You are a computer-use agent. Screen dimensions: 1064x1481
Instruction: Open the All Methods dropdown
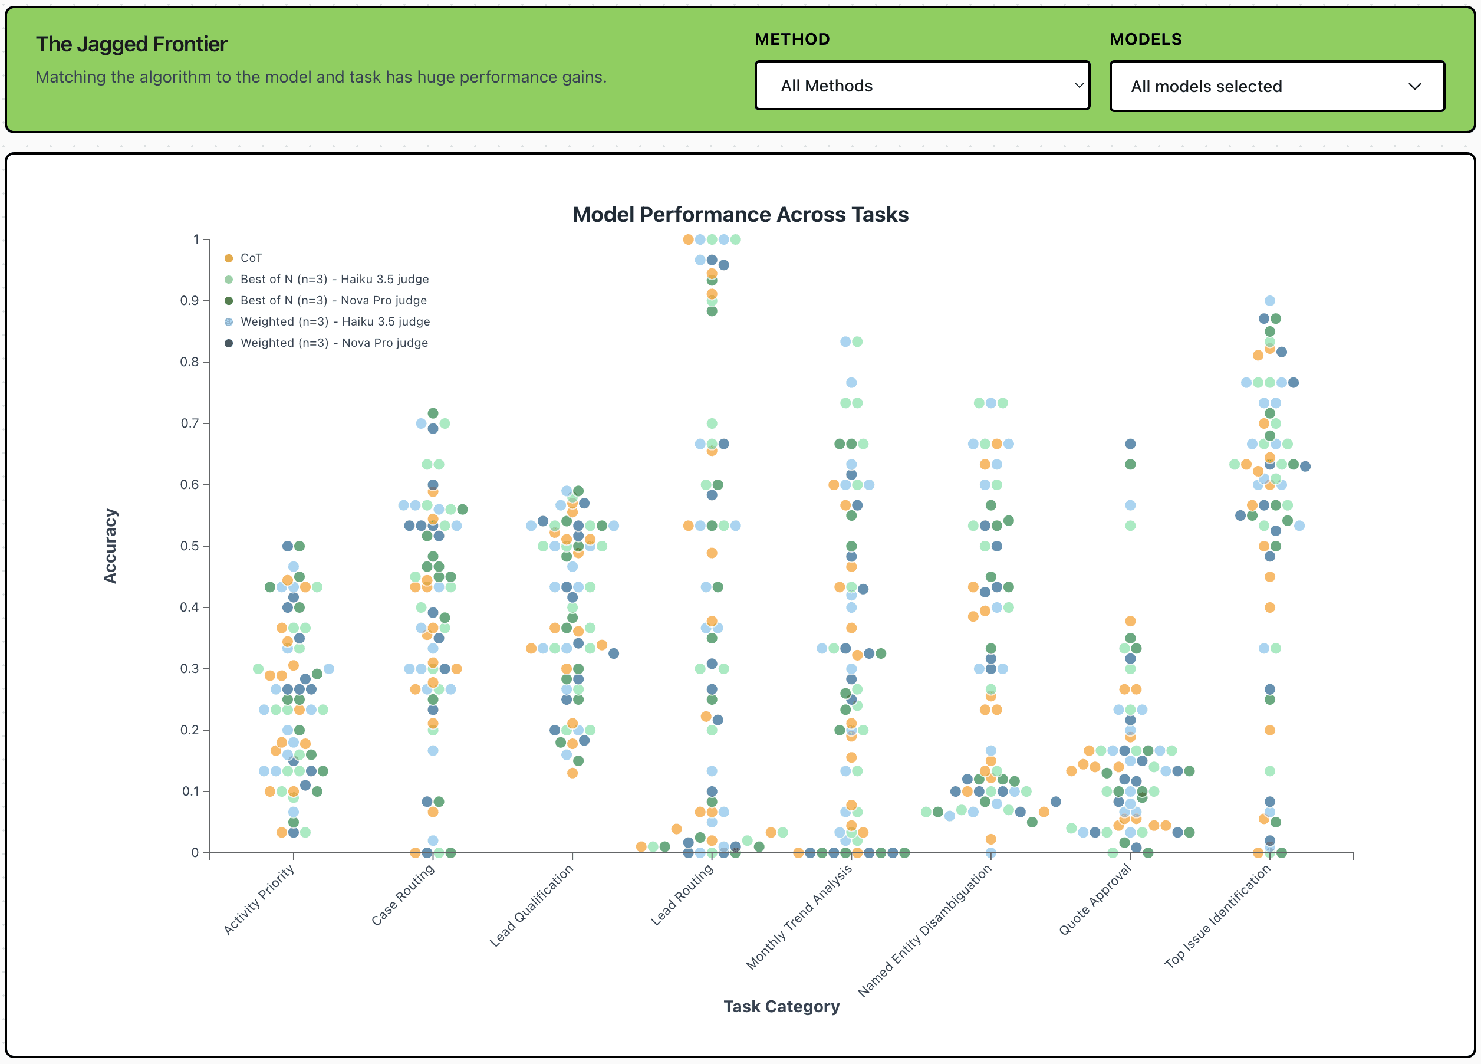(x=921, y=86)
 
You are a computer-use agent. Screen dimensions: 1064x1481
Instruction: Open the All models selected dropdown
(x=1276, y=86)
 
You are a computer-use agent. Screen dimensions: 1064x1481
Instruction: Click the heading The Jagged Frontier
(x=131, y=44)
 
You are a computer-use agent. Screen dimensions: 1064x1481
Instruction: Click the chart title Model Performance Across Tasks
(x=740, y=214)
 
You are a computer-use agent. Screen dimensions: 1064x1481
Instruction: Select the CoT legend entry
(x=251, y=258)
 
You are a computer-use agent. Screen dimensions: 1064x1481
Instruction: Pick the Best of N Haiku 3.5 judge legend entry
(x=334, y=279)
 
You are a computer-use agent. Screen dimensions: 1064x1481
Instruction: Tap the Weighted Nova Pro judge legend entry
(x=334, y=343)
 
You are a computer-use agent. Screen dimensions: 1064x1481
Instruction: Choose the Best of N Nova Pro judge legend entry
(x=333, y=300)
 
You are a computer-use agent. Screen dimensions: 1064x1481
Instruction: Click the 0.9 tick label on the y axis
(x=189, y=300)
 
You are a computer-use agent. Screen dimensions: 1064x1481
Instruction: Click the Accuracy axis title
(x=110, y=546)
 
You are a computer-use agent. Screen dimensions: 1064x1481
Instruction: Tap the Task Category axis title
(x=781, y=1006)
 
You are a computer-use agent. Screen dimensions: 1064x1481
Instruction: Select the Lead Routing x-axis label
(x=682, y=895)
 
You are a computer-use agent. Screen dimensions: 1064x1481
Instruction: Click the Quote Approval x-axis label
(x=1094, y=899)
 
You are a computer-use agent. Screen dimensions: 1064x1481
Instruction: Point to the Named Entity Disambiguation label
(x=924, y=930)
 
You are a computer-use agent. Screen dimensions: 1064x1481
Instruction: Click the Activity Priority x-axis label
(x=259, y=899)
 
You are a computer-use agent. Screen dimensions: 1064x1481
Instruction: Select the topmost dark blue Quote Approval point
(x=1130, y=444)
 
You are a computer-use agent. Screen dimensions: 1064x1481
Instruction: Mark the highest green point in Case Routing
(x=432, y=413)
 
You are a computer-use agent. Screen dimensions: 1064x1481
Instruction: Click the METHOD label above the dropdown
(x=792, y=39)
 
